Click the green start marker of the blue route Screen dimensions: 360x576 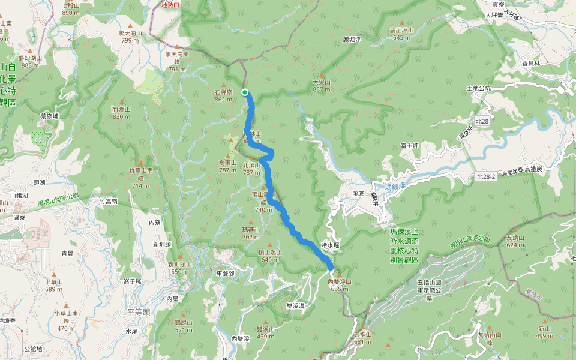(x=245, y=92)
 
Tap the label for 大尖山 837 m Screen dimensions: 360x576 (x=322, y=86)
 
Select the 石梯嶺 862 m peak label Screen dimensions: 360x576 (x=224, y=96)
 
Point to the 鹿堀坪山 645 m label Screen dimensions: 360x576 (x=401, y=34)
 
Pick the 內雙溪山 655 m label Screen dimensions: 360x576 (x=339, y=285)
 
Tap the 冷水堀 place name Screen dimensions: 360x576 (x=331, y=245)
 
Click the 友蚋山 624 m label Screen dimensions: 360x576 (x=515, y=241)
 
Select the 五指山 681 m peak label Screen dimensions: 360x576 (x=363, y=338)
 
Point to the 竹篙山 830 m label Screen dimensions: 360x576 (x=121, y=113)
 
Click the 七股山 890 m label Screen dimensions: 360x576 (x=71, y=9)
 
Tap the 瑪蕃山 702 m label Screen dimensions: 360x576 (x=250, y=233)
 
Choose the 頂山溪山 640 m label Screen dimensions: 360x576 (x=269, y=256)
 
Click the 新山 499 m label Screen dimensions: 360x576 (x=544, y=332)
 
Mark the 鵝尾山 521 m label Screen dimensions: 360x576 (x=183, y=326)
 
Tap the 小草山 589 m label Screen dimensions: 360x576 (x=53, y=285)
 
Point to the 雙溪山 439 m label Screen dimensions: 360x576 (x=265, y=332)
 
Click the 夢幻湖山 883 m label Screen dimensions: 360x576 (x=29, y=61)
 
